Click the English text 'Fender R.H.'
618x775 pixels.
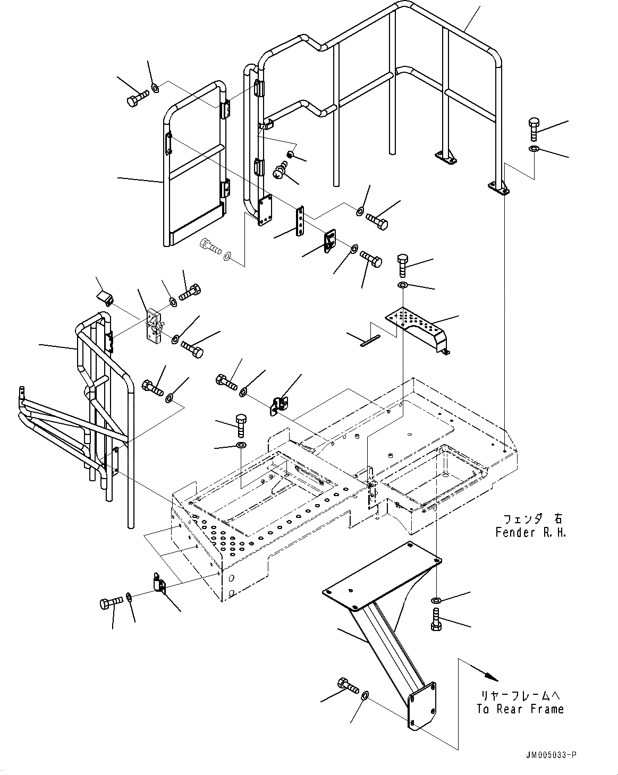[x=530, y=532]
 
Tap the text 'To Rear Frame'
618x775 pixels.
[x=519, y=709]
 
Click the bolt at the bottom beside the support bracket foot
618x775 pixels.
[x=346, y=685]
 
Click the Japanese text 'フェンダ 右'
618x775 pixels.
[x=530, y=518]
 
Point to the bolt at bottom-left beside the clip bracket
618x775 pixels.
[x=111, y=602]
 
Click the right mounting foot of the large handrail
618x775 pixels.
[x=498, y=187]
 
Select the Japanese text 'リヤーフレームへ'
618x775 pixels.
[x=519, y=695]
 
